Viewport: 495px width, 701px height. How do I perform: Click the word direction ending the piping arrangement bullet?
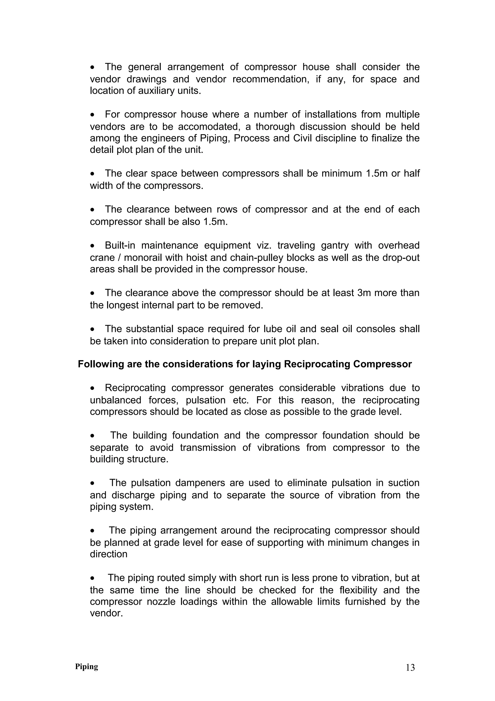point(109,554)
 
